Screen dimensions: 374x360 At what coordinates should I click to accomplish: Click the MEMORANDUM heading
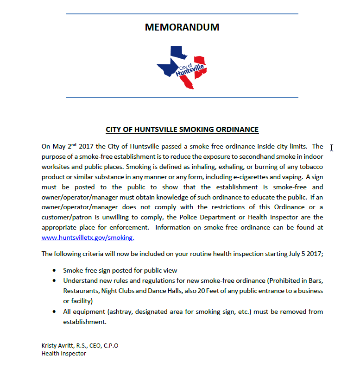pyautogui.click(x=182, y=27)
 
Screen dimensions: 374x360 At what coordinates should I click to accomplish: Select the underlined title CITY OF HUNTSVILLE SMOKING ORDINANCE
pyautogui.click(x=182, y=130)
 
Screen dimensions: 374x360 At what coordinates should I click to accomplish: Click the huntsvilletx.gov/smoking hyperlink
pyautogui.click(x=88, y=237)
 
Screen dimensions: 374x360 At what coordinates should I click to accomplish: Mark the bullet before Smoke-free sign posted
pyautogui.click(x=55, y=270)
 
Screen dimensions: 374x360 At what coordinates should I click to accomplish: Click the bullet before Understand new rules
pyautogui.click(x=55, y=280)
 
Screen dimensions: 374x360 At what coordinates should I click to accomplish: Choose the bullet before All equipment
pyautogui.click(x=55, y=312)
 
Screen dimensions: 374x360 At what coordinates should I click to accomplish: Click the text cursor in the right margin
pyautogui.click(x=332, y=147)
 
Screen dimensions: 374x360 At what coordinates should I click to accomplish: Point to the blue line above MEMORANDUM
pyautogui.click(x=182, y=14)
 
